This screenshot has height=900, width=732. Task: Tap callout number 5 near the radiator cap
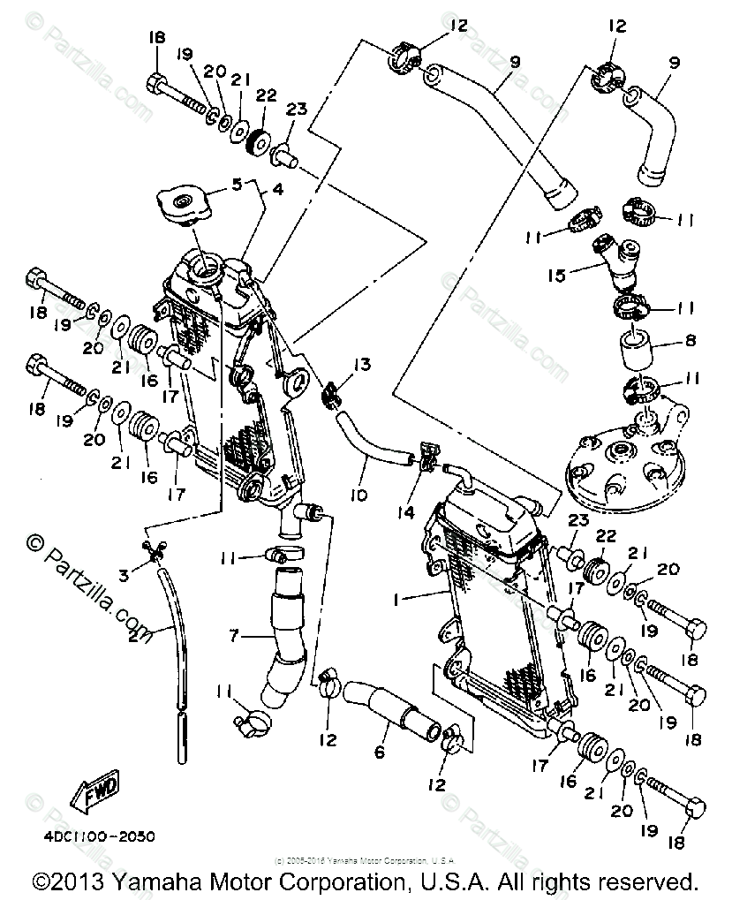237,185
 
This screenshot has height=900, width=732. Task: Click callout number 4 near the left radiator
275,189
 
